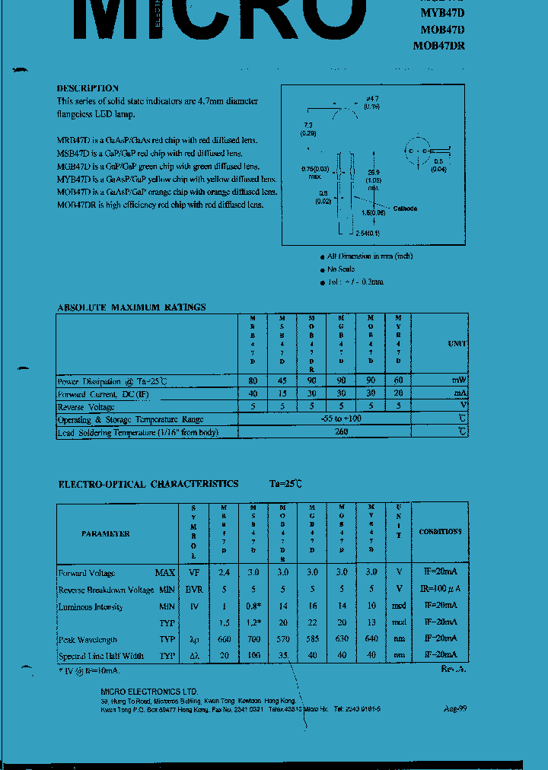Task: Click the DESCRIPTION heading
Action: [x=88, y=88]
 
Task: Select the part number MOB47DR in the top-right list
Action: [x=439, y=46]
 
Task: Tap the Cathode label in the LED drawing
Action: [x=405, y=208]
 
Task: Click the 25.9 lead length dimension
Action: [x=373, y=173]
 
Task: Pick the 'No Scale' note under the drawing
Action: [x=341, y=269]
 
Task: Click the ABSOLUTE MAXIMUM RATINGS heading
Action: [x=131, y=307]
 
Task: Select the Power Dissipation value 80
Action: [x=253, y=380]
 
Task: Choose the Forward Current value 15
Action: [x=282, y=394]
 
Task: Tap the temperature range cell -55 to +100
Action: [x=341, y=419]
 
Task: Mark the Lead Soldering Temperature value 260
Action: [x=341, y=432]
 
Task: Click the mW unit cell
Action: [x=458, y=380]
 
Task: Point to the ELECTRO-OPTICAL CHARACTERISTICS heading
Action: [x=148, y=484]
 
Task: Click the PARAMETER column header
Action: [x=106, y=534]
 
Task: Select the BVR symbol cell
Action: [x=193, y=590]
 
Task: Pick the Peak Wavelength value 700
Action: [x=253, y=640]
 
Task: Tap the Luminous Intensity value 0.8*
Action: [x=253, y=607]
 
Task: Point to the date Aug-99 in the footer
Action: [x=455, y=708]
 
